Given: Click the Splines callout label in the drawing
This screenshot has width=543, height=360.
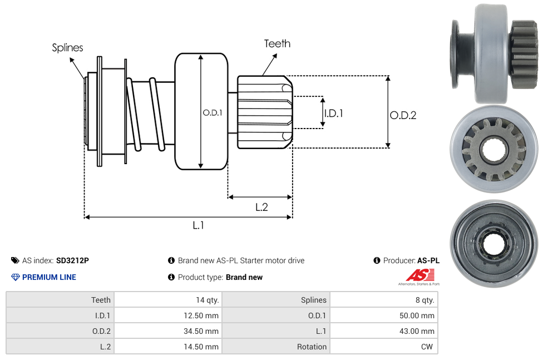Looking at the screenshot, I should tap(67, 48).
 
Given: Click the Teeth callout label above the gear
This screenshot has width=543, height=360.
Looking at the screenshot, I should tap(277, 43).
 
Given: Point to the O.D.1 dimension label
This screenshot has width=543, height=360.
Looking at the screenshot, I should tap(213, 112).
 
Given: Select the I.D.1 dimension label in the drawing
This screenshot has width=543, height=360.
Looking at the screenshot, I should tap(333, 113).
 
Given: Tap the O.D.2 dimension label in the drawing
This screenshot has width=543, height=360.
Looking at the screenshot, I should tap(403, 116).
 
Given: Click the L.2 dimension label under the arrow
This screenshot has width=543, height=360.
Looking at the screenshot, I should tap(261, 207).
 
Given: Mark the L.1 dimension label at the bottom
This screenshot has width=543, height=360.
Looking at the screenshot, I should tap(199, 225).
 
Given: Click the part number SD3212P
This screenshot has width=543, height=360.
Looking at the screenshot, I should tap(72, 260).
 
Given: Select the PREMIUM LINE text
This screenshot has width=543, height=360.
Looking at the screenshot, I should tap(49, 277).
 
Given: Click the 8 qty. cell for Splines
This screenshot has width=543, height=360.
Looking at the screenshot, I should tap(424, 300).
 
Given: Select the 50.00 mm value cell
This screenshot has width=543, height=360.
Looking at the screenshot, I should tap(418, 315).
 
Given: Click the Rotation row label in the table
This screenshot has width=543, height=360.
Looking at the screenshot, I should tap(312, 347).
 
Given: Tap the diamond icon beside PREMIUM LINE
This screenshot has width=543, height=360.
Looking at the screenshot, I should tap(16, 277).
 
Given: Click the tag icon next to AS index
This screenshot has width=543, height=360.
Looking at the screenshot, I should tap(15, 260).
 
